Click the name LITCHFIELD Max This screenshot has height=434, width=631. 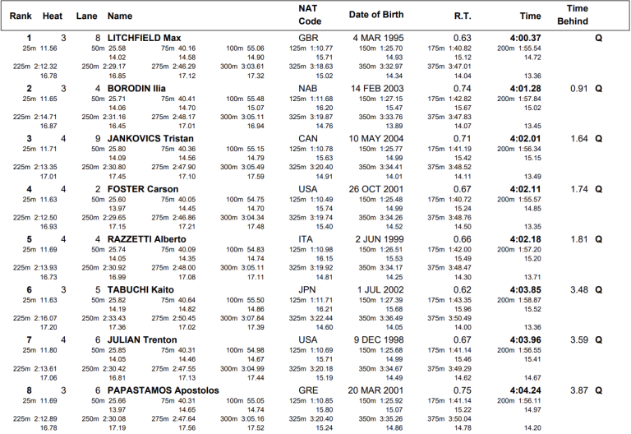click(x=145, y=38)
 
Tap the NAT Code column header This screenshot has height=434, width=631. click(x=310, y=15)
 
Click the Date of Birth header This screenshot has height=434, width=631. click(x=376, y=15)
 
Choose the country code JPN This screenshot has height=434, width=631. click(x=306, y=290)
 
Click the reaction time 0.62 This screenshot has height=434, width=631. click(x=462, y=290)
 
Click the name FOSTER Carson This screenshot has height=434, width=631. click(x=143, y=189)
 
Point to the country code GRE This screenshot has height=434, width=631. click(x=307, y=390)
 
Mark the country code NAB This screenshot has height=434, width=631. click(x=307, y=88)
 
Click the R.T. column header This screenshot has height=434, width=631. click(x=463, y=15)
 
